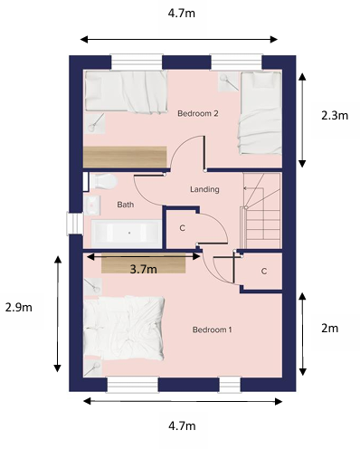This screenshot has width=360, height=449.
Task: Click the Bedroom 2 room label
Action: click(198, 113)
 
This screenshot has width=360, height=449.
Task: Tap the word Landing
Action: click(205, 189)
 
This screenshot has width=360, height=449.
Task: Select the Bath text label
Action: click(125, 205)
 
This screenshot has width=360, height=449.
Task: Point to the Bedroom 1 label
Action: click(213, 330)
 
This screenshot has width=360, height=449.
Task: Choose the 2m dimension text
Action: click(332, 327)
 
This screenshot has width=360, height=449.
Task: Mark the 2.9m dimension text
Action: click(19, 307)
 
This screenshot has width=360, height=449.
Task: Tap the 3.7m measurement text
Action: click(143, 269)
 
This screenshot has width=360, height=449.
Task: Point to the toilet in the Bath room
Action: click(99, 180)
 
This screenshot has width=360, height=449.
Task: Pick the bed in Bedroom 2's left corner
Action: click(126, 92)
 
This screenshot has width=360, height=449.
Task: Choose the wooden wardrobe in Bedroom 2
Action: click(126, 156)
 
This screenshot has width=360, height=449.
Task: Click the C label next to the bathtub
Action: click(182, 227)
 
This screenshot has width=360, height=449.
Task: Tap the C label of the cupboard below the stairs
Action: click(264, 271)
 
